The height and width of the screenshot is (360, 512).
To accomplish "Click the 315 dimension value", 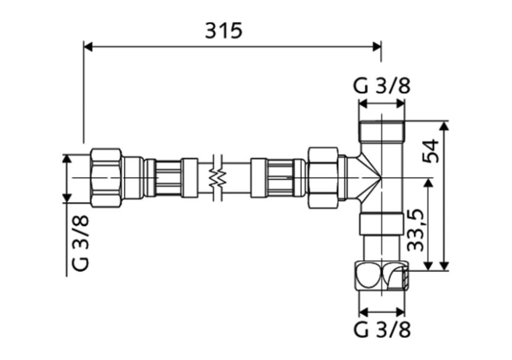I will [224, 30].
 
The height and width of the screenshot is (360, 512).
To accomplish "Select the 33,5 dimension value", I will [418, 229].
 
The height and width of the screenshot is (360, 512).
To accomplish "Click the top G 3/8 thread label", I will [382, 86].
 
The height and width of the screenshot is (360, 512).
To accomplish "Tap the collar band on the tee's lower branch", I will [382, 224].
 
